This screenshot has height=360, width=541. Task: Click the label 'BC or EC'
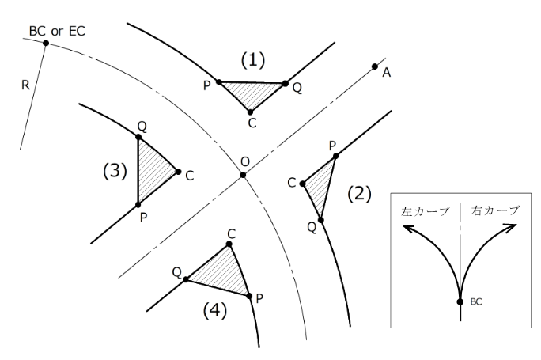point(56,31)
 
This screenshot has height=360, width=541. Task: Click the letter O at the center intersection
point(245,161)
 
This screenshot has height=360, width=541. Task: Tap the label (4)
point(214,311)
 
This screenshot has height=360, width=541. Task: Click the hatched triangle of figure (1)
point(252,93)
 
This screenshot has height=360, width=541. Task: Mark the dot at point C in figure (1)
point(251,112)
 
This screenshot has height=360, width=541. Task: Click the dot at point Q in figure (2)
point(321,219)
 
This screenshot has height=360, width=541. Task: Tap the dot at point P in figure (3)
point(138,204)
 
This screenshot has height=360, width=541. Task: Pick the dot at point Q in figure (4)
point(186,279)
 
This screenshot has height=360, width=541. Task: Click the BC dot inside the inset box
point(460,301)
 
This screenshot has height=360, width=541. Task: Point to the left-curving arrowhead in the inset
point(408,229)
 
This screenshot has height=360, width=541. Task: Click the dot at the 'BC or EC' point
point(46,42)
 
